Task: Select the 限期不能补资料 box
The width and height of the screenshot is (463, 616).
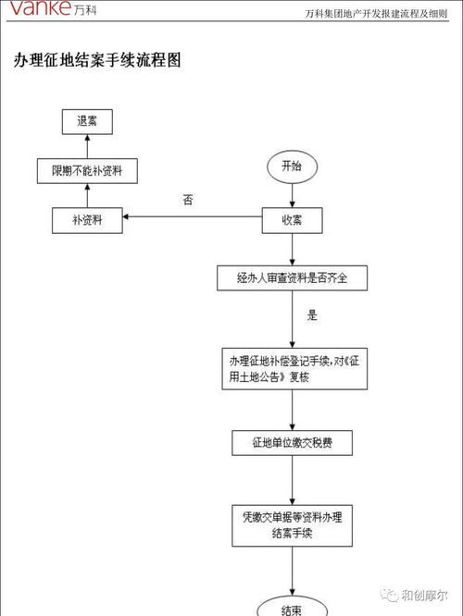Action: [x=87, y=170]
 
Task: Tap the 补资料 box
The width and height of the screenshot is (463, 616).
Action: [x=87, y=219]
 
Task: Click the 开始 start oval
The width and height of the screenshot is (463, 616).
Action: [x=292, y=166]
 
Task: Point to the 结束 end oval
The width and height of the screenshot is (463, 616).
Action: [x=292, y=608]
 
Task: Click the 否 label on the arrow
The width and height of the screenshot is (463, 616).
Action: [x=187, y=200]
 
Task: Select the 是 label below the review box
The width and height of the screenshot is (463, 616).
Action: [x=312, y=315]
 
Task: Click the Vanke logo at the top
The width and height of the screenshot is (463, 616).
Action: [x=40, y=11]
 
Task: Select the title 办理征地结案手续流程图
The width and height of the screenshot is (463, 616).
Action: [x=97, y=60]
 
